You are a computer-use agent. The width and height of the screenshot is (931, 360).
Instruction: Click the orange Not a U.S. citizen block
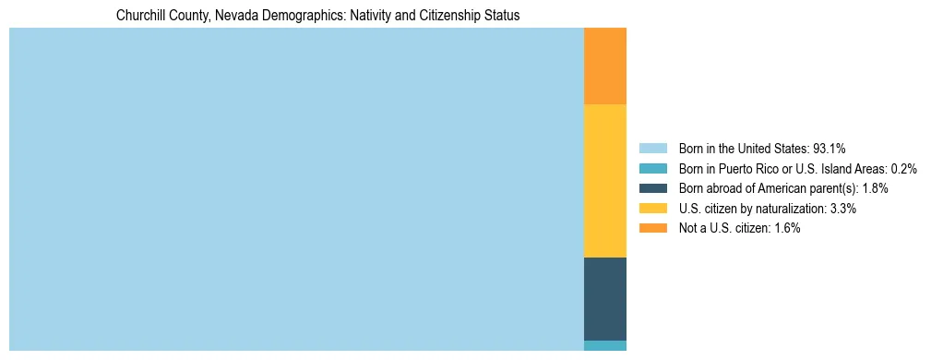605,66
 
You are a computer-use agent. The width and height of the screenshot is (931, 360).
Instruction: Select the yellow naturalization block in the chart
605,181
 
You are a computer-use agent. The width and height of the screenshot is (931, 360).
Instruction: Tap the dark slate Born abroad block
605,299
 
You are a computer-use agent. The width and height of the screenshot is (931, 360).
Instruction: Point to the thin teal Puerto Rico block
605,345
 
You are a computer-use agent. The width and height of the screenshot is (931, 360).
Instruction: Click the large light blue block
296,189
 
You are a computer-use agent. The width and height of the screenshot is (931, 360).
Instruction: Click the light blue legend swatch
652,148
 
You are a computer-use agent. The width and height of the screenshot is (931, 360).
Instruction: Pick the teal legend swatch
652,168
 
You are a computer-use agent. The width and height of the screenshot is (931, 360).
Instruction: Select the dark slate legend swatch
652,188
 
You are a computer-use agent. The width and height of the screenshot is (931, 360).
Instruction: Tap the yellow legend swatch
652,209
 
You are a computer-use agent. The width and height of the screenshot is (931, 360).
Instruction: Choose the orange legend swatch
652,228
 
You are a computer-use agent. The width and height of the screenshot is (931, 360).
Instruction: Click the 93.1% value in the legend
830,148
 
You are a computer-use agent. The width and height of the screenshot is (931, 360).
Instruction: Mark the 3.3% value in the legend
843,209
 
